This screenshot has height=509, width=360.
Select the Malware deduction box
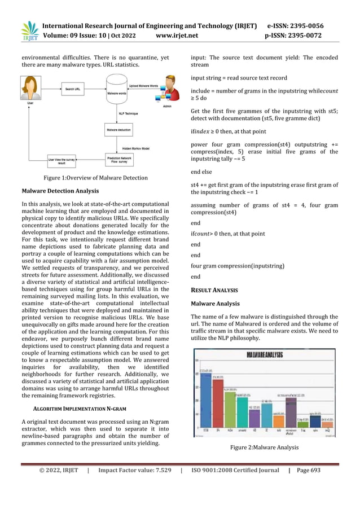116,130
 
